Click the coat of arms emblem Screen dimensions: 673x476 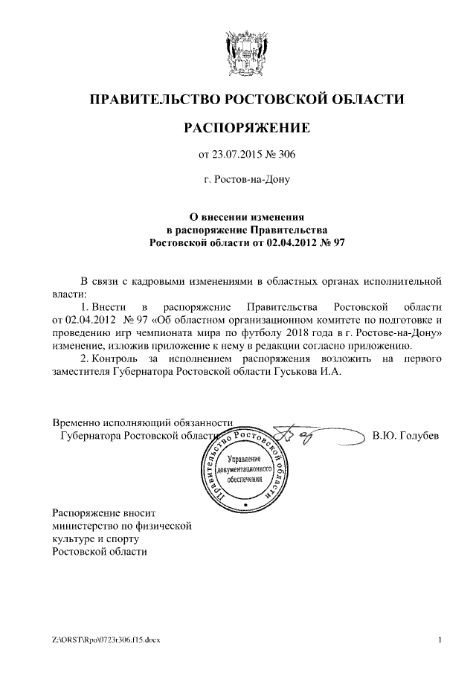[x=246, y=53]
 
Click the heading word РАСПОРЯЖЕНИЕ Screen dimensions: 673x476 [x=246, y=129]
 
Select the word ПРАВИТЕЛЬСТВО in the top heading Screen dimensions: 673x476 [x=152, y=98]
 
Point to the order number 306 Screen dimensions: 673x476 [x=286, y=155]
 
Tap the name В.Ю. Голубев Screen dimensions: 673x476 [x=405, y=436]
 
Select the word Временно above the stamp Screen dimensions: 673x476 [x=77, y=421]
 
